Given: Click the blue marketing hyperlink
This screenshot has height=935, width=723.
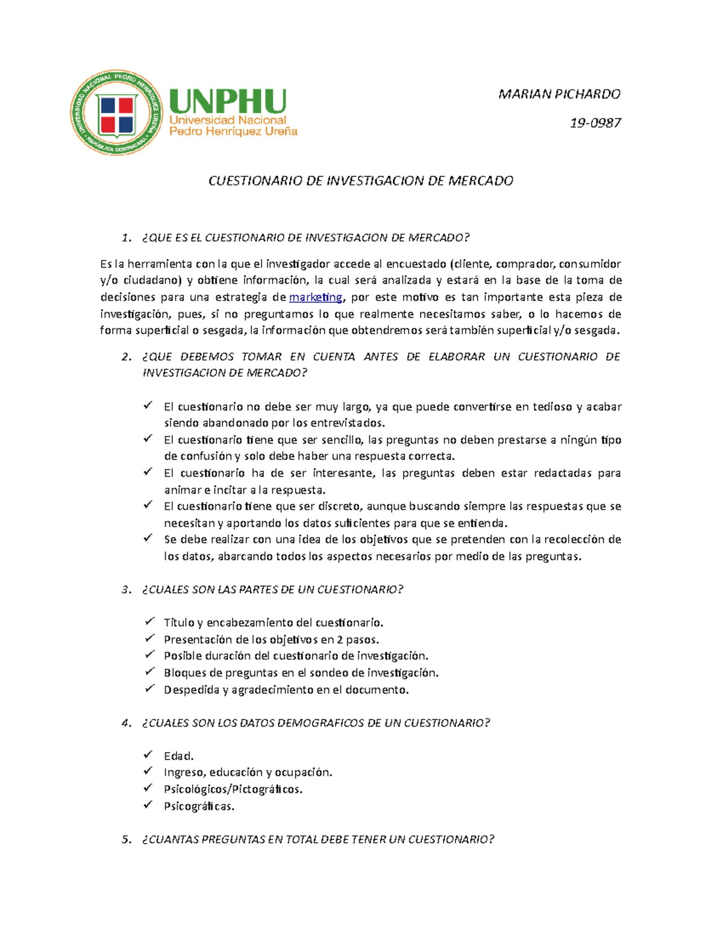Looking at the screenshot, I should click(x=316, y=297).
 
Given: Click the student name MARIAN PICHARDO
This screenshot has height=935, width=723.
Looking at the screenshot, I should click(x=559, y=94).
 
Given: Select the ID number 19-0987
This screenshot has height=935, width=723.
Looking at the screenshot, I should click(x=595, y=123).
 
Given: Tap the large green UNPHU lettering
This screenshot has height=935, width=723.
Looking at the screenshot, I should click(x=228, y=101).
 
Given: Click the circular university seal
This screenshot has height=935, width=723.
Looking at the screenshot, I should click(x=116, y=113).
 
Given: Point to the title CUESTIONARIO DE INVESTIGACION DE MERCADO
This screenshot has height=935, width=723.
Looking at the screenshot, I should click(x=360, y=181).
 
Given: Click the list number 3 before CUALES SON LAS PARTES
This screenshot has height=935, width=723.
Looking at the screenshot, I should click(x=125, y=589).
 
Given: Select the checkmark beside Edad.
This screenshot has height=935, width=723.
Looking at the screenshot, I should click(x=148, y=754).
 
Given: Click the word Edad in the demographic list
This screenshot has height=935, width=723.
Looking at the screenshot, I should click(x=178, y=756).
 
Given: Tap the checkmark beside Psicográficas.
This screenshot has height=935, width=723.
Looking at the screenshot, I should click(x=148, y=805).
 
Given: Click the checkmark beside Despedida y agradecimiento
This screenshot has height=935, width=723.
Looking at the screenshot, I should click(x=148, y=688).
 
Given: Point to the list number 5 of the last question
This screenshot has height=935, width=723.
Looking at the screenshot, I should click(x=125, y=839).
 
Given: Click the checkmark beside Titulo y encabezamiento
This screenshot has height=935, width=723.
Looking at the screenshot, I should click(x=148, y=621).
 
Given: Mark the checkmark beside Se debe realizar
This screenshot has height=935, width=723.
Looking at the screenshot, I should click(x=148, y=538).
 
